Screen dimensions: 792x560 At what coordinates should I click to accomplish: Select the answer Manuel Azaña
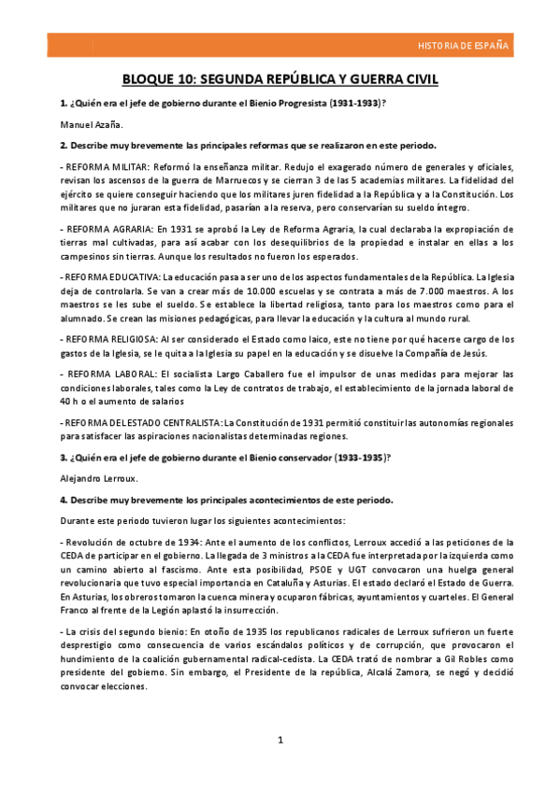pos(91,123)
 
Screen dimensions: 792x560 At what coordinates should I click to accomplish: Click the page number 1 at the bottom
pos(280,741)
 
